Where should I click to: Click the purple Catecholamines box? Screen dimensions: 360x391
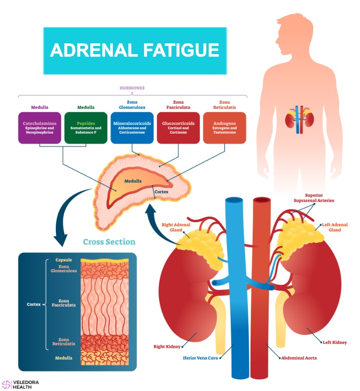pyautogui.click(x=40, y=127)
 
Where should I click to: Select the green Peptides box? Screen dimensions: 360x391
pyautogui.click(x=85, y=127)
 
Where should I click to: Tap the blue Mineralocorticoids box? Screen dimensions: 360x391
pyautogui.click(x=132, y=127)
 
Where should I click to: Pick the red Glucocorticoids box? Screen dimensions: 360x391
pyautogui.click(x=178, y=127)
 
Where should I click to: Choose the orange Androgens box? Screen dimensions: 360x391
pyautogui.click(x=225, y=127)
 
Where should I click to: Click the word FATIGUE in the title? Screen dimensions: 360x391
pyautogui.click(x=181, y=50)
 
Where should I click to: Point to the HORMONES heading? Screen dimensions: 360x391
pyautogui.click(x=132, y=88)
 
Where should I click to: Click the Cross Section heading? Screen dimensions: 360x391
pyautogui.click(x=109, y=241)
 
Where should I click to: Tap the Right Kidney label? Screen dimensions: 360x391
pyautogui.click(x=167, y=346)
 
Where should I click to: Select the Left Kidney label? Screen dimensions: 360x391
pyautogui.click(x=335, y=342)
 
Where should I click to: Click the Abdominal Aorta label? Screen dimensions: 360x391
pyautogui.click(x=299, y=358)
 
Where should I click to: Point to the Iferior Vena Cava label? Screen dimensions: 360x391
pyautogui.click(x=200, y=358)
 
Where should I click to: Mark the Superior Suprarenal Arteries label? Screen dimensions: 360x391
pyautogui.click(x=314, y=198)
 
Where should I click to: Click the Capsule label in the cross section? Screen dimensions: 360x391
pyautogui.click(x=63, y=260)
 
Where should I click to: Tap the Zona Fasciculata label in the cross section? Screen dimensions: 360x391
pyautogui.click(x=63, y=303)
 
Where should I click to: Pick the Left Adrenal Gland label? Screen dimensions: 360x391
pyautogui.click(x=335, y=227)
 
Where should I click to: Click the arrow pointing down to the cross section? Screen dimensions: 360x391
pyautogui.click(x=67, y=214)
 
